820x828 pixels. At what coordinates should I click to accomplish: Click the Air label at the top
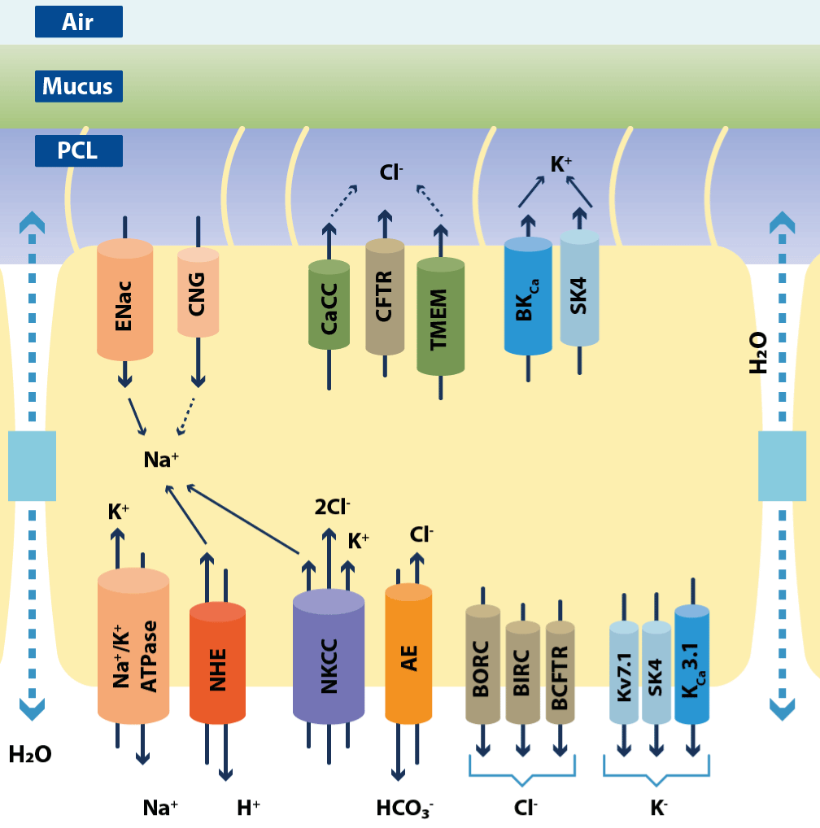[79, 22]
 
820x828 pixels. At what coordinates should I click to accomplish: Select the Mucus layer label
[79, 85]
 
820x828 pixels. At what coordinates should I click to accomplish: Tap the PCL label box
[79, 151]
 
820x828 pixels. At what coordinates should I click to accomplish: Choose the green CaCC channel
[329, 305]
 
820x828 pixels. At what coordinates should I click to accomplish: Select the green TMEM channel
[440, 316]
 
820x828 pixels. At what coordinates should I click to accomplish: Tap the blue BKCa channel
[528, 297]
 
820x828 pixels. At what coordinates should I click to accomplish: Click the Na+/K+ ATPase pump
[133, 647]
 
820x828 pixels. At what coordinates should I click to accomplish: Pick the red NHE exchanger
[217, 663]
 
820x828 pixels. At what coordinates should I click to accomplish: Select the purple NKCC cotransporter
[329, 656]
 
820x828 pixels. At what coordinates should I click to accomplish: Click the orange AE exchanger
[408, 655]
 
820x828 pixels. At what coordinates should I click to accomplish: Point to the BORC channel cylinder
[482, 664]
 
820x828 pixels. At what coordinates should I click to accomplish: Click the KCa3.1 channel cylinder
[692, 665]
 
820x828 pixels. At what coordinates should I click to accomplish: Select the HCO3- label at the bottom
[404, 808]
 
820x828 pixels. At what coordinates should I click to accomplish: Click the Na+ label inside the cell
[161, 460]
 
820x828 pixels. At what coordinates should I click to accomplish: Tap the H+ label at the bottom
[248, 808]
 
